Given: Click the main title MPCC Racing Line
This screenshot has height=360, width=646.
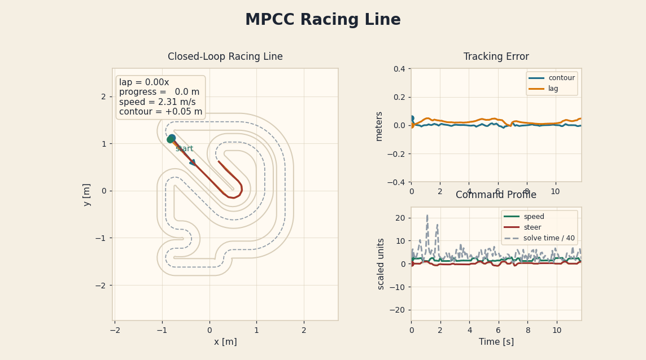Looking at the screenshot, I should [322, 20].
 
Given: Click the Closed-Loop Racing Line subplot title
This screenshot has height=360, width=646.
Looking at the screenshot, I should [225, 57].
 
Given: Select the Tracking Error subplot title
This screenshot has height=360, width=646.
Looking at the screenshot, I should [496, 57].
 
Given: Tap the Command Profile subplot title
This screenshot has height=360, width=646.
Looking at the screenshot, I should [496, 195].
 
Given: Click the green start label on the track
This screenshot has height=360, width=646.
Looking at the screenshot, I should [184, 149].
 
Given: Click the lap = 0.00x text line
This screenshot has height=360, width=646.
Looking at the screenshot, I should [144, 83].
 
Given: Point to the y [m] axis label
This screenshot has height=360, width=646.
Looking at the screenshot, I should [87, 195].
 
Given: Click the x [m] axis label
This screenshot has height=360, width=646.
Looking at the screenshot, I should [225, 342].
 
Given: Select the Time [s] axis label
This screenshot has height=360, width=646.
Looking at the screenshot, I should [496, 342].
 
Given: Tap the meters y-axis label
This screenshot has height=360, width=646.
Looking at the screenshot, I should [379, 126].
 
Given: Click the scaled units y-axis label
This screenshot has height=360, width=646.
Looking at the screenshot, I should [381, 264].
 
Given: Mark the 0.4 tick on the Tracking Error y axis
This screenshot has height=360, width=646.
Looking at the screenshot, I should [399, 69].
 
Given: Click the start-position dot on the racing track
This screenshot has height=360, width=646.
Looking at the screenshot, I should [171, 139].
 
